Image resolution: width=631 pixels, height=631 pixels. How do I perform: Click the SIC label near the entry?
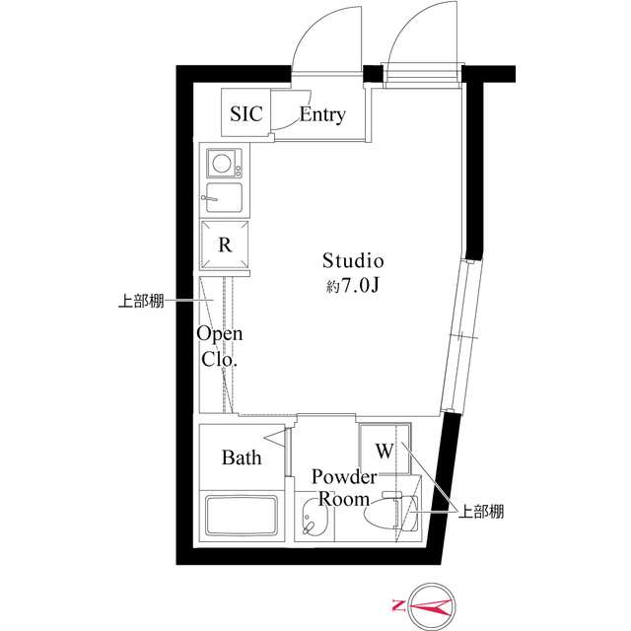(246, 114)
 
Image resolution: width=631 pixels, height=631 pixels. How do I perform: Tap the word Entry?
(322, 115)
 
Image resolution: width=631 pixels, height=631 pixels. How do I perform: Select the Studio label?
(352, 261)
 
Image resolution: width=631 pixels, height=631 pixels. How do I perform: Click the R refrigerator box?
(225, 245)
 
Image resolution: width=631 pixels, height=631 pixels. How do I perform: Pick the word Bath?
(241, 457)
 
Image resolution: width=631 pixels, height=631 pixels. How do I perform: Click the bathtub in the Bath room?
(242, 517)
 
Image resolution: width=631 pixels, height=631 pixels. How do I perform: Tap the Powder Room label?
(344, 487)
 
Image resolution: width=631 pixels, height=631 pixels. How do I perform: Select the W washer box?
(383, 451)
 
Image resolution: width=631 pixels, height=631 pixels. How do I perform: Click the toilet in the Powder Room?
(389, 514)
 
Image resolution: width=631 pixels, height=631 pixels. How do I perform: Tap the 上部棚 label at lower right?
(480, 511)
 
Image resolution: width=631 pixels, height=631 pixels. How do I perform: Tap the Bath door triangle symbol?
(275, 440)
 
